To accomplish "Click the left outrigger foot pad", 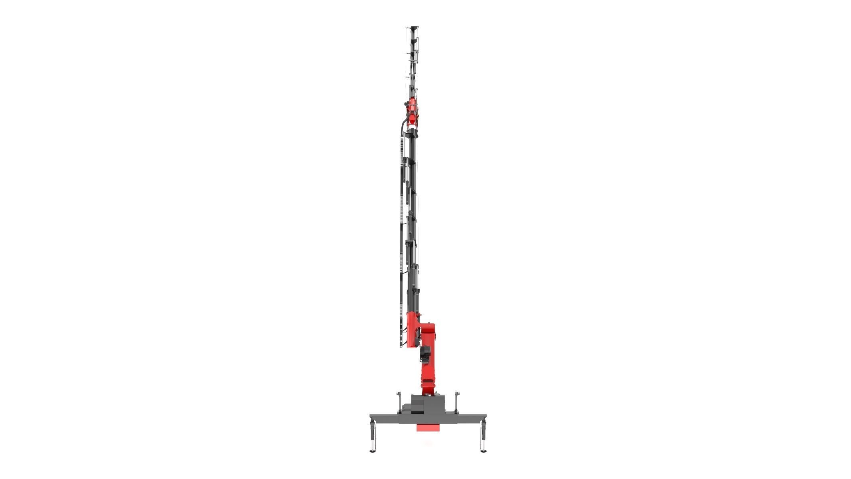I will pyautogui.click(x=373, y=452).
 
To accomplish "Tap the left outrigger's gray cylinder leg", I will pyautogui.click(x=373, y=431).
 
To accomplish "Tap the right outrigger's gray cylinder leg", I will pyautogui.click(x=484, y=431).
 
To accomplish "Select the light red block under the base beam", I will pyautogui.click(x=428, y=428).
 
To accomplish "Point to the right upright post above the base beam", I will pyautogui.click(x=456, y=403).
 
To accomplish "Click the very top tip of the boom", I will pyautogui.click(x=413, y=28).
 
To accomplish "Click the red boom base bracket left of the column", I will pyautogui.click(x=412, y=330).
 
